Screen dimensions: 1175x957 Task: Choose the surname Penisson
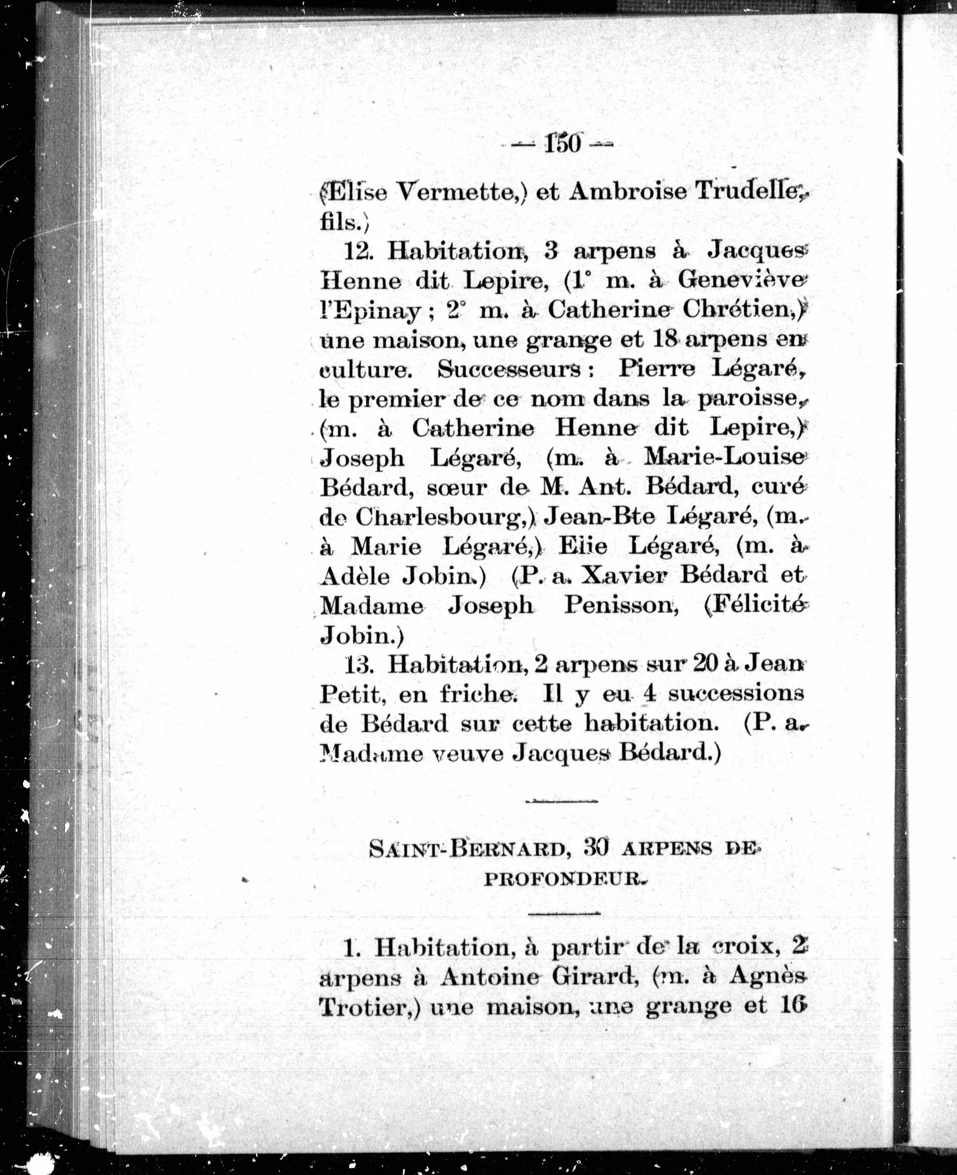[620, 606]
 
